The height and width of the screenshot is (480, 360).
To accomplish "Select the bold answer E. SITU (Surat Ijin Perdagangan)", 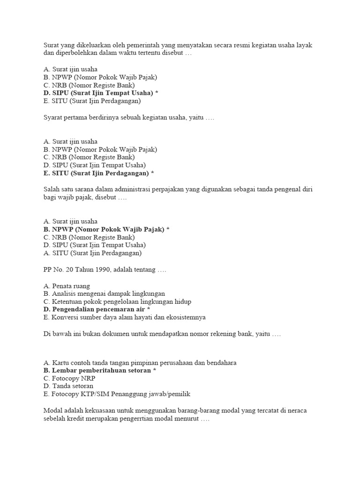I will [98, 173].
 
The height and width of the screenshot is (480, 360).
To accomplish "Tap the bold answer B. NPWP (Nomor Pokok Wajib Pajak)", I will [106, 229].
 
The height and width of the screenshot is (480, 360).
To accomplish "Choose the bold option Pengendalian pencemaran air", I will [97, 309].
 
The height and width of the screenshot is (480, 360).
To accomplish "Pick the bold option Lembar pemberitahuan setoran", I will [99, 370].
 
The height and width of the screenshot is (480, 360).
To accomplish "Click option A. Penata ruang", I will [67, 285].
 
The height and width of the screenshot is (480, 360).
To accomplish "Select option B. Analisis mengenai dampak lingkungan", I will [104, 293].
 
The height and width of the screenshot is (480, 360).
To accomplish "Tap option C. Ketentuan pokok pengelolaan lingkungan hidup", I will [117, 301].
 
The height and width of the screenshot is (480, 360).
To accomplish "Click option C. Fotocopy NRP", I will [66, 378].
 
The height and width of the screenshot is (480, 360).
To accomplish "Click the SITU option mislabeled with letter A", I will [92, 253].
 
